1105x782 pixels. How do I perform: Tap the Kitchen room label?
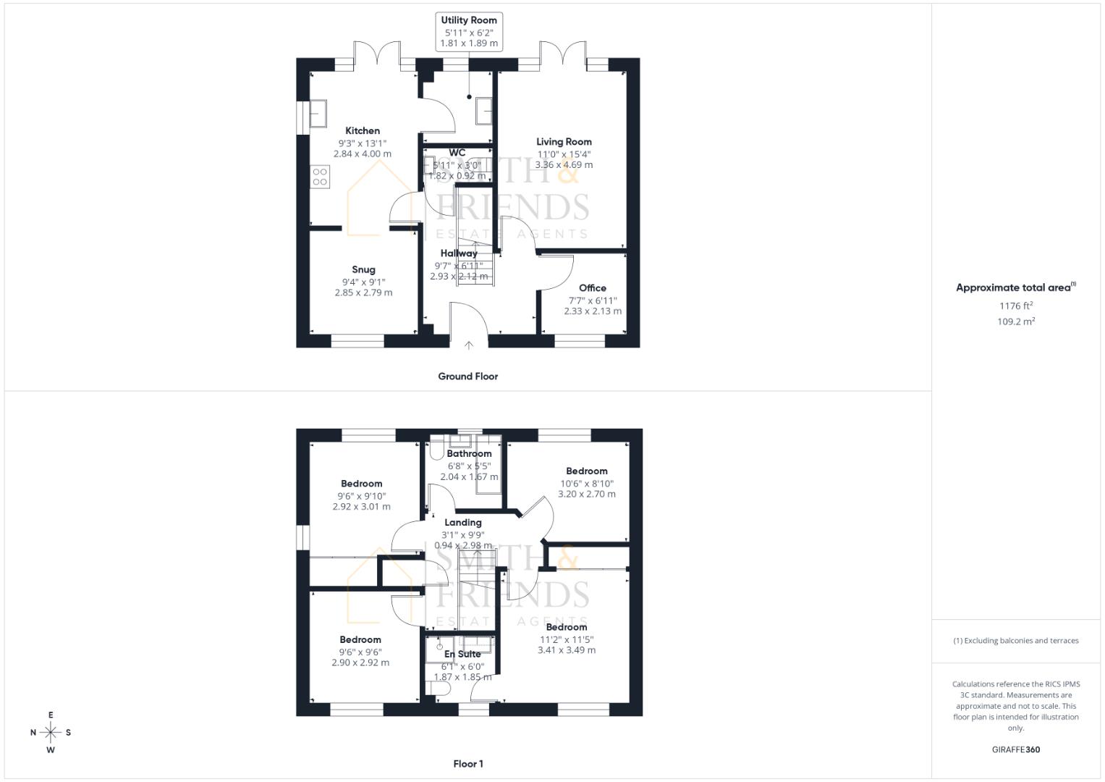363,131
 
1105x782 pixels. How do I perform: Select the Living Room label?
564,142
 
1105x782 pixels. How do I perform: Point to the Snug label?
363,270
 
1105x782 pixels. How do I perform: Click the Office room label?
593,288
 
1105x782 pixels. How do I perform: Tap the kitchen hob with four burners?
320,177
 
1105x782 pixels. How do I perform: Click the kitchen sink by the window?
318,113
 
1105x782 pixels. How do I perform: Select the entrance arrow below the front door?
469,345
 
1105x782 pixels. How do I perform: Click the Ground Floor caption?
468,377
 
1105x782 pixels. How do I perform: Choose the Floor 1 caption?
468,764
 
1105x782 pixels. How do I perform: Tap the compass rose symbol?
51,733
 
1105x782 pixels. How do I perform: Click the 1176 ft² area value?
1016,306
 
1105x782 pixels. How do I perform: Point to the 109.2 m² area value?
1016,322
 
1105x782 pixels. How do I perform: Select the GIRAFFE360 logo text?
1016,750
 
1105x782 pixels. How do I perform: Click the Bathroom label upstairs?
469,454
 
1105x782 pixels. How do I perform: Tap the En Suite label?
462,655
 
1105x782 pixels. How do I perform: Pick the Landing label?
463,523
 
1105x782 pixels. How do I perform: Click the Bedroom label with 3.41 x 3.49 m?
567,628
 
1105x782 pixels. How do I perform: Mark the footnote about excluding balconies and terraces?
1016,641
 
